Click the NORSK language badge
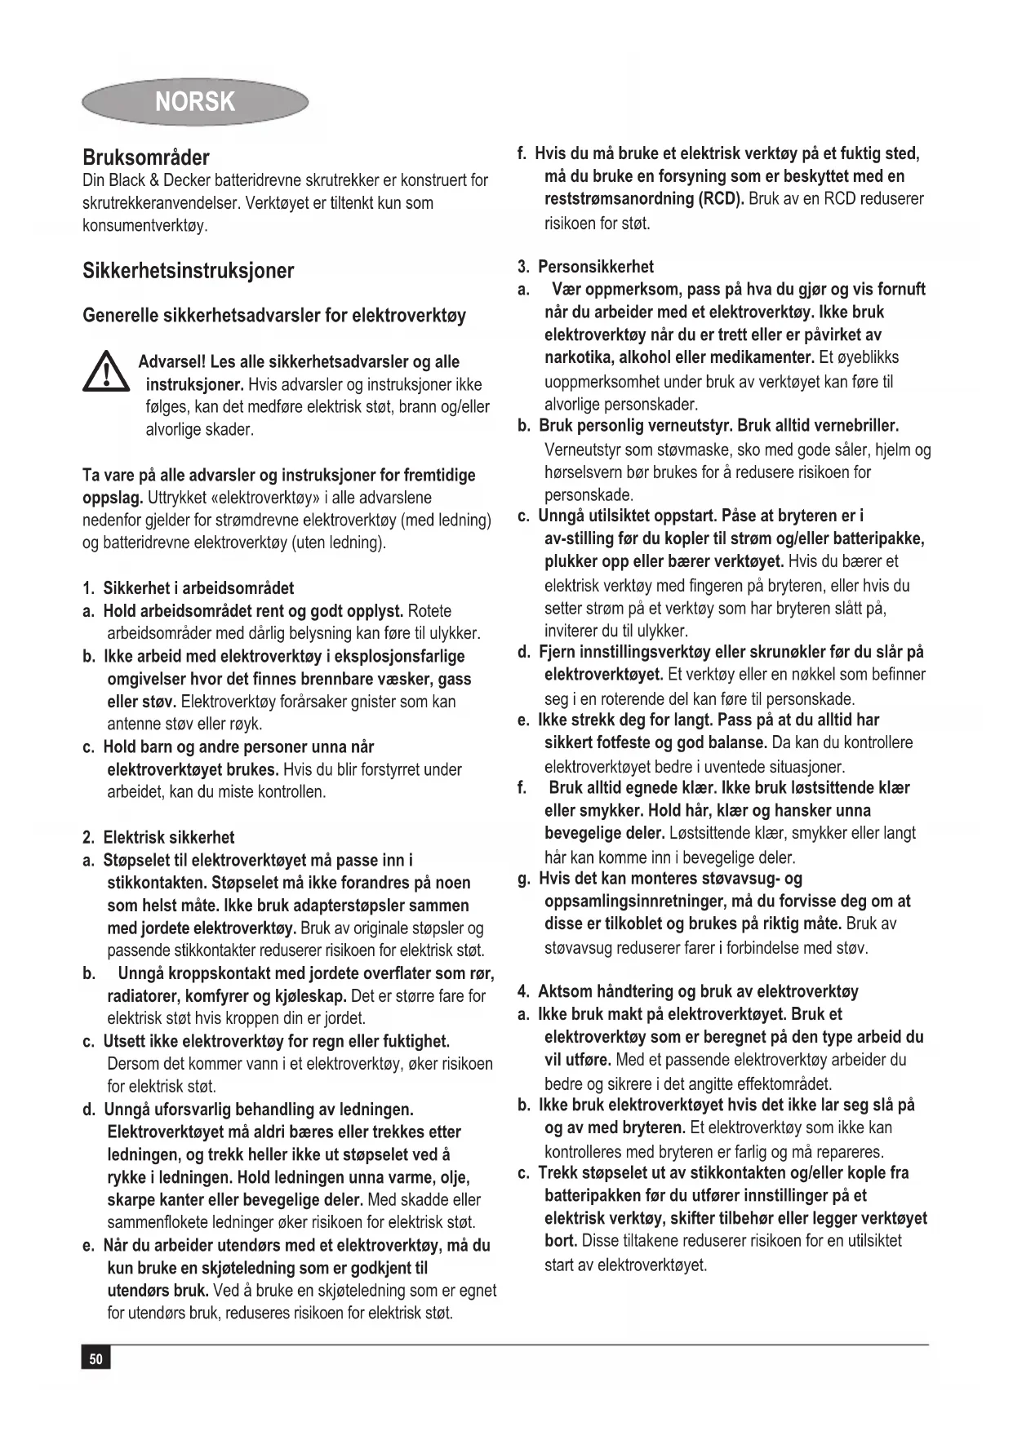pyautogui.click(x=195, y=102)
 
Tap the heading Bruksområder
pyautogui.click(x=146, y=157)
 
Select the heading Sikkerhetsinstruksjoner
pyautogui.click(x=189, y=271)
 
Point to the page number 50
pyautogui.click(x=96, y=1358)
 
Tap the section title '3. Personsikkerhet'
pyautogui.click(x=585, y=267)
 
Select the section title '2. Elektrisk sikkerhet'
pyautogui.click(x=158, y=837)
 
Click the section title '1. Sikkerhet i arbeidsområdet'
pyautogui.click(x=188, y=588)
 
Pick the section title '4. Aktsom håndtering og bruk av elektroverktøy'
pyautogui.click(x=688, y=992)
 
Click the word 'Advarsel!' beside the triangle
pyautogui.click(x=172, y=362)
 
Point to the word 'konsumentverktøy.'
pyautogui.click(x=145, y=226)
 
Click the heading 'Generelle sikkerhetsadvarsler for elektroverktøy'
pyautogui.click(x=274, y=316)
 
